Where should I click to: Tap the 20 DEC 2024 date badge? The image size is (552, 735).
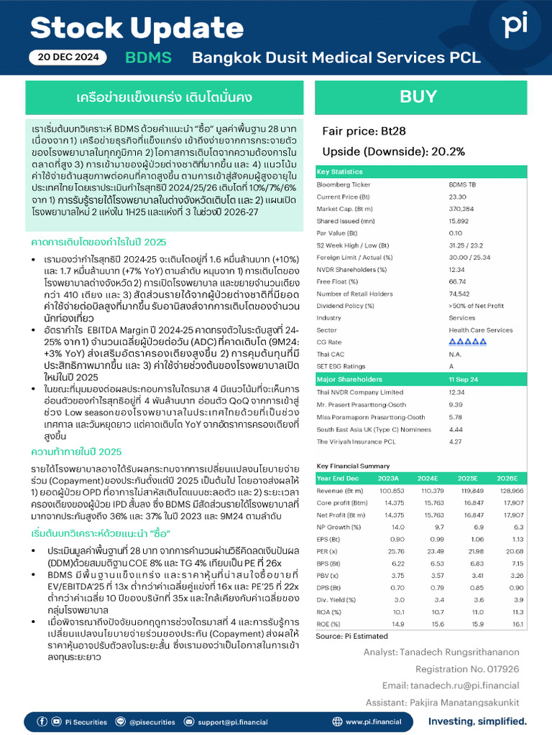pyautogui.click(x=68, y=58)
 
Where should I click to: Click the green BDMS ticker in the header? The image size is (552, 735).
pyautogui.click(x=148, y=58)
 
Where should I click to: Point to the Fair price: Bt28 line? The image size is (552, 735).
pyautogui.click(x=364, y=131)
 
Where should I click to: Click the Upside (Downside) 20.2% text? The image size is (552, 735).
pyautogui.click(x=393, y=151)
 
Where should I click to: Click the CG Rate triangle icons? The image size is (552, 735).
pyautogui.click(x=467, y=342)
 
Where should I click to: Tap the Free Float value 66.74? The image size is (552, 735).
pyautogui.click(x=458, y=281)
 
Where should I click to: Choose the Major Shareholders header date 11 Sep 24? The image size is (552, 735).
pyautogui.click(x=464, y=379)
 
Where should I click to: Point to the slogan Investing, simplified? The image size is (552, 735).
pyautogui.click(x=477, y=721)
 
